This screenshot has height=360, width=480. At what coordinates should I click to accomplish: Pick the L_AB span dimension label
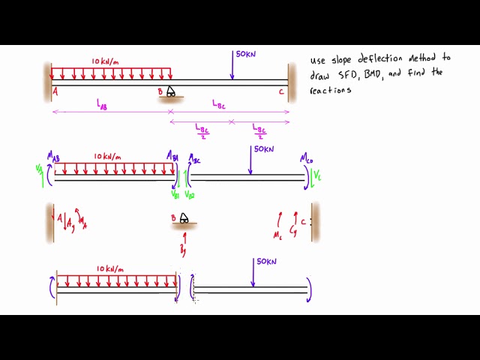click(103, 106)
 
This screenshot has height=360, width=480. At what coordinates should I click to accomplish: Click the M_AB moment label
click(53, 155)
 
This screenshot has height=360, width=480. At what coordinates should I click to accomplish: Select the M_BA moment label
click(172, 155)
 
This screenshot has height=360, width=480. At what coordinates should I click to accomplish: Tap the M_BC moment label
click(194, 159)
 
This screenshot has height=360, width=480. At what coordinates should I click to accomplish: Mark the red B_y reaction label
click(182, 248)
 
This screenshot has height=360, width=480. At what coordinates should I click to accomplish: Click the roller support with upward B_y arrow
click(182, 220)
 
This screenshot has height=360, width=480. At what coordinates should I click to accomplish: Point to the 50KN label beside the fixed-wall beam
click(245, 55)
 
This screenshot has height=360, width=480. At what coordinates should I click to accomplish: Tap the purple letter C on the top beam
click(281, 91)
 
